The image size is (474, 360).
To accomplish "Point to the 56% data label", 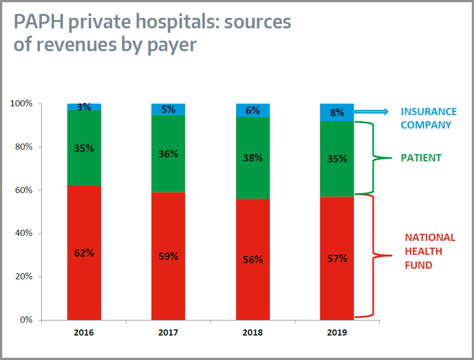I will point(252,259).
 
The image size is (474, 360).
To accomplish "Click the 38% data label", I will point(252,157).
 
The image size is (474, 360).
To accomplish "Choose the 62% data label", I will point(84,253).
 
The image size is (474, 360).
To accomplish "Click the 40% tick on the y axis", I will point(23,234).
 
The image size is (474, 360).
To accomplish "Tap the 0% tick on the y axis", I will point(26,320).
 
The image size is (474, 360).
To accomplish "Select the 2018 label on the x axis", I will point(252,333).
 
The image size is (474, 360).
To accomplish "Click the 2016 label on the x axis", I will point(84,333).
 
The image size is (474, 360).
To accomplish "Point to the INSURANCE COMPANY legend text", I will point(428,119).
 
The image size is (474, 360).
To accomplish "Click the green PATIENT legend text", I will point(421,158).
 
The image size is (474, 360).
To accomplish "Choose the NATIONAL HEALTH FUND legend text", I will point(429,251).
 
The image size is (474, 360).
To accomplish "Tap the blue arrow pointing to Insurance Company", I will point(372,112).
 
